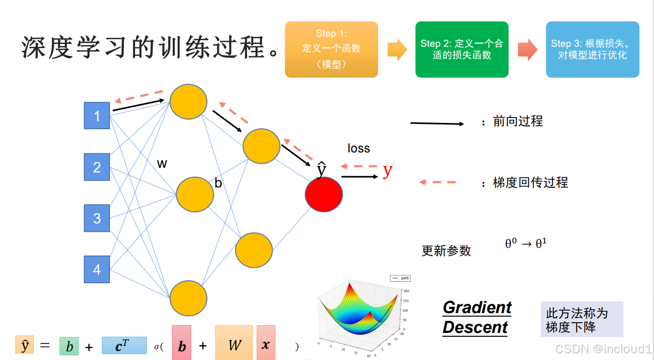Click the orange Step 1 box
point(331,49)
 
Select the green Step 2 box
point(462,49)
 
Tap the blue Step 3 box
point(592,49)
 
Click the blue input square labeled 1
point(97,116)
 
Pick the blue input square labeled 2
point(97,167)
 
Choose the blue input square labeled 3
point(97,218)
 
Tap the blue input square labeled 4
point(97,269)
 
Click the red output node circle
point(324,195)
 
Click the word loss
point(359,149)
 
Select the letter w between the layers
point(162,164)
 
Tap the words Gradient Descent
point(476,317)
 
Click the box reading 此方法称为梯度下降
point(581,320)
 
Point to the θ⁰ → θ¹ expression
point(526,243)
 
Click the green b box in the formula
point(69,346)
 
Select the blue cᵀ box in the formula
point(124,345)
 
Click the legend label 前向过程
point(517,121)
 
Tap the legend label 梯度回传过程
point(530,182)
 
